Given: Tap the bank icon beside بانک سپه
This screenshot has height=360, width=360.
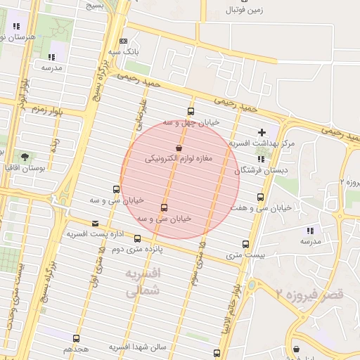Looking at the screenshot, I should [124, 41].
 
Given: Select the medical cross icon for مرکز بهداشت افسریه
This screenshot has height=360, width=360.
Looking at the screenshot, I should [262, 132].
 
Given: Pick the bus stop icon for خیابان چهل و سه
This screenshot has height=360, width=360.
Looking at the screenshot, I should [191, 111].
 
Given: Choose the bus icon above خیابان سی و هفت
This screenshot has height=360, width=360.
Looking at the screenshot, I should [261, 197].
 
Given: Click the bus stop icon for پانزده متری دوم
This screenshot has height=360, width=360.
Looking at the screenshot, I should [137, 238].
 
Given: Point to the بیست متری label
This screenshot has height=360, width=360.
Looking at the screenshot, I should [243, 255].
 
